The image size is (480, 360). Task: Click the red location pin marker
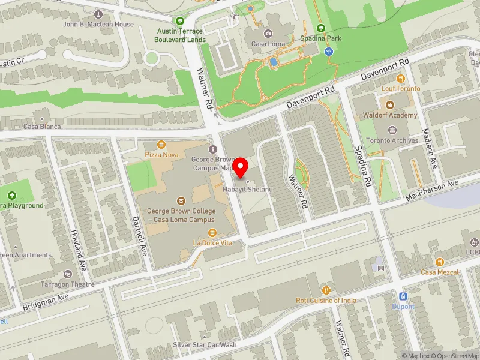tap(241, 167)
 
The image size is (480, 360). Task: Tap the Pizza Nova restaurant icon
tap(161, 145)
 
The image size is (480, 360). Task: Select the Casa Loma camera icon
tap(268, 33)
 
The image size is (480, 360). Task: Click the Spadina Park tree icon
tap(320, 28)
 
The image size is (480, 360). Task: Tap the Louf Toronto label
tap(401, 88)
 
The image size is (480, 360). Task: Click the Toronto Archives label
tap(392, 140)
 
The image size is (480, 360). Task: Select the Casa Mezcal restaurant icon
tap(440, 262)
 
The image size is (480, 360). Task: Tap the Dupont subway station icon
tap(403, 296)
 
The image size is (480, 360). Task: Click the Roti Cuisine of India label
tap(326, 300)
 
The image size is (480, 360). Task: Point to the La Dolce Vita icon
tap(212, 233)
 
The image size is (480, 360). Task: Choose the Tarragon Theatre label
tap(68, 284)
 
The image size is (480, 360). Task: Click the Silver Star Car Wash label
tap(205, 345)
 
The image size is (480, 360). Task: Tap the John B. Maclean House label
tap(98, 25)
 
